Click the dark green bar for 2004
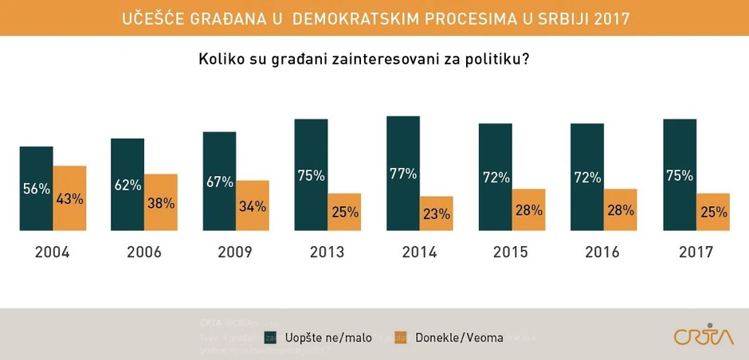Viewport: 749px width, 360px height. (x=36, y=189)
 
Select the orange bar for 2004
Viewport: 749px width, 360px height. (x=69, y=198)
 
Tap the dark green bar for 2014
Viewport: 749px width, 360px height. (x=403, y=174)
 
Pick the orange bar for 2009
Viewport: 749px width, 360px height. (x=253, y=205)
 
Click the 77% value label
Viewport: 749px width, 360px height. (x=403, y=174)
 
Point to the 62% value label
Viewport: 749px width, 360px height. (x=127, y=185)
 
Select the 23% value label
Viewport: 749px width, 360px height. (x=437, y=213)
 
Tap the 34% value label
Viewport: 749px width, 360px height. (x=253, y=206)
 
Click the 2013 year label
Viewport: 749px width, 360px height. (x=327, y=252)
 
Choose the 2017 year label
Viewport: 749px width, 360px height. (x=696, y=252)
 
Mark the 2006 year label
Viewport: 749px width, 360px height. (x=143, y=252)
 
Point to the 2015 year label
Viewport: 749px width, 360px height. (x=511, y=252)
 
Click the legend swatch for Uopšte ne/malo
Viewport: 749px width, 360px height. (x=272, y=337)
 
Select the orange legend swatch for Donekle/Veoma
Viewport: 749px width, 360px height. (x=401, y=337)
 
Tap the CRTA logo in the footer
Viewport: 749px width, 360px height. (x=704, y=335)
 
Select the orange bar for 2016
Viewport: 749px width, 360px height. (x=621, y=209)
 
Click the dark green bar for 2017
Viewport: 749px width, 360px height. (x=680, y=175)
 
